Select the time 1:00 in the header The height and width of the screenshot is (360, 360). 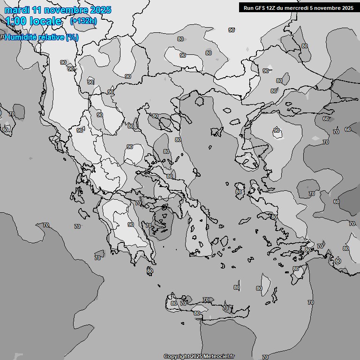pos(15,21)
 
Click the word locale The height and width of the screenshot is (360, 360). pos(45,21)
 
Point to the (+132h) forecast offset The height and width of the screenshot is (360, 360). pos(83,21)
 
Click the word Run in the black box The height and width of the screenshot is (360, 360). pos(248,7)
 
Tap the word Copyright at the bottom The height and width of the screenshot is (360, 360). pos(177,356)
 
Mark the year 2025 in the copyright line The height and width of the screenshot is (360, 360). pos(196,356)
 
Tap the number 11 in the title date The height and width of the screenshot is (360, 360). pos(36,10)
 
